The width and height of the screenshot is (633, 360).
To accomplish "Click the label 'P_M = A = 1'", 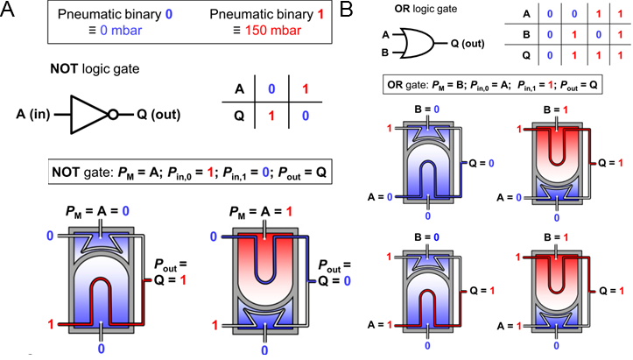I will [x=255, y=209].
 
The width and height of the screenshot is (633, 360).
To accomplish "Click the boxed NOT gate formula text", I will [x=173, y=171].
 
